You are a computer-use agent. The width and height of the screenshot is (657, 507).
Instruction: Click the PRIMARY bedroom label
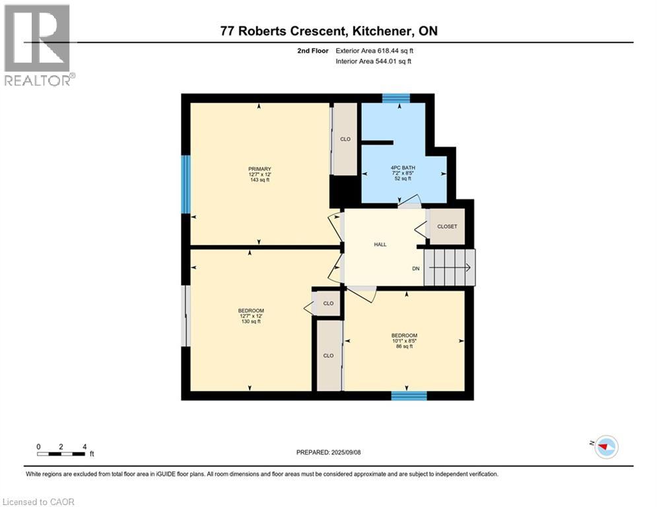[x=260, y=169]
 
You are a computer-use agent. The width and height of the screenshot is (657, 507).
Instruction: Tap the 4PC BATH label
[x=402, y=168]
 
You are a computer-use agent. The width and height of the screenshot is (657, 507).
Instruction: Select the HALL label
[x=380, y=244]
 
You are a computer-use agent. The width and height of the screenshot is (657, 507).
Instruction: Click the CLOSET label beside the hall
[x=447, y=226]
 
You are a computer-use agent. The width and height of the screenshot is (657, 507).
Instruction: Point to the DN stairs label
[x=415, y=269]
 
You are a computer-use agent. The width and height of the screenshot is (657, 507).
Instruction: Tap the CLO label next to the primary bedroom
[x=345, y=139]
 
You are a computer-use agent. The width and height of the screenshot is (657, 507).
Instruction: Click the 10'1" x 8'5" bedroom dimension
[x=404, y=341]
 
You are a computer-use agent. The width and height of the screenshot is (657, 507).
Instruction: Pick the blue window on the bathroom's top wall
[x=396, y=98]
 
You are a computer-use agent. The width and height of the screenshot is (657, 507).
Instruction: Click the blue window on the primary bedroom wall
[x=186, y=185]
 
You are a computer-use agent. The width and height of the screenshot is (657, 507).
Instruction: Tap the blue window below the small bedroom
[x=409, y=395]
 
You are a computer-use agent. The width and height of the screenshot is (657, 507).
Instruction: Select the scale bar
[x=61, y=454]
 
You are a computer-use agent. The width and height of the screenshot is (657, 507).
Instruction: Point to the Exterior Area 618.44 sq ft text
[x=374, y=50]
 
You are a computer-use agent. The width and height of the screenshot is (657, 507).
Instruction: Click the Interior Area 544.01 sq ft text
[x=373, y=61]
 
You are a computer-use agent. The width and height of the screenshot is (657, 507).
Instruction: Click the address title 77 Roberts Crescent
[x=328, y=31]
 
